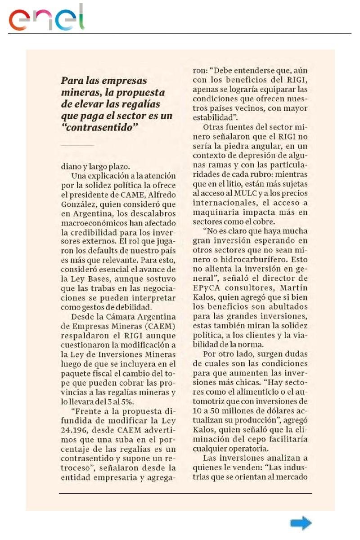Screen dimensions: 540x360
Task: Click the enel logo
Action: [x=47, y=18]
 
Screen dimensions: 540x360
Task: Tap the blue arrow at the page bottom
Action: [x=301, y=523]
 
